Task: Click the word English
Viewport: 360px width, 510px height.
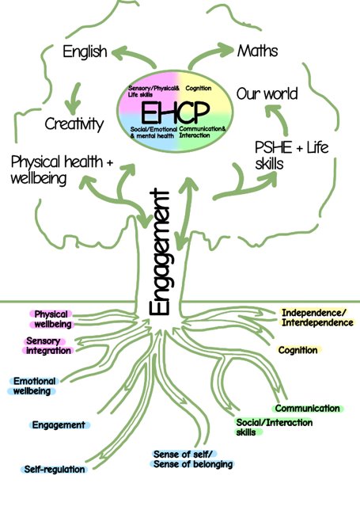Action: [85, 51]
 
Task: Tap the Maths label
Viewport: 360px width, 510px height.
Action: [257, 51]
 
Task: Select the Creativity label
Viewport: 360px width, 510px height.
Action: [74, 124]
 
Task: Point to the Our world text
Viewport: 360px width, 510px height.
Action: [267, 93]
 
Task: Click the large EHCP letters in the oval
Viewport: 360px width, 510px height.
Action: [175, 112]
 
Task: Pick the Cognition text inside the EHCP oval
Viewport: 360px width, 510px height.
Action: [198, 88]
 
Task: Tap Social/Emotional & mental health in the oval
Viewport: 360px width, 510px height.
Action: [153, 132]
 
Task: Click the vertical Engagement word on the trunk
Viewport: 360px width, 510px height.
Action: [159, 252]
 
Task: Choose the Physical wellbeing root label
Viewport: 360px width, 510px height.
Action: [52, 319]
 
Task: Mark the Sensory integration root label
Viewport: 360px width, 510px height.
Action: [48, 346]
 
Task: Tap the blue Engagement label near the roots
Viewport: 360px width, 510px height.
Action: [59, 424]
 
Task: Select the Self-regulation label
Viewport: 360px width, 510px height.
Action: [55, 469]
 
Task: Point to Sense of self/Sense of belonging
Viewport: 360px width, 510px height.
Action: [192, 459]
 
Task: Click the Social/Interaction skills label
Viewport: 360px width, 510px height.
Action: [274, 427]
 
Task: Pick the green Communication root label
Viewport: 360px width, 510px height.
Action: [307, 408]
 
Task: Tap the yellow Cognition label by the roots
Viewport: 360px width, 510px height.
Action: [298, 350]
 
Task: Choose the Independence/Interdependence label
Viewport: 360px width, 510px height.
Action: [316, 318]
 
